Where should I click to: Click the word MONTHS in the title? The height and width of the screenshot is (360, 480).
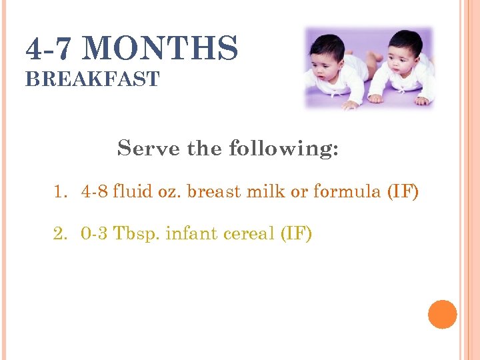(x=162, y=49)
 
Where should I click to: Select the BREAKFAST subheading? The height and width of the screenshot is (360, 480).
(x=92, y=79)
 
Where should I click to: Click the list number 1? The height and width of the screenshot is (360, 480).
(x=61, y=193)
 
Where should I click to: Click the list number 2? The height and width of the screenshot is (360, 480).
(x=61, y=234)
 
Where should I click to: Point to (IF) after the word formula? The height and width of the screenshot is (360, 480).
(x=403, y=193)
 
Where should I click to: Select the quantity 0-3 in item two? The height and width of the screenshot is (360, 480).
(x=95, y=234)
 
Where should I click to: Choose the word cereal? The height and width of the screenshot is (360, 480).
(x=248, y=234)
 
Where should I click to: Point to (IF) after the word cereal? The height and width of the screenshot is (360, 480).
(x=295, y=234)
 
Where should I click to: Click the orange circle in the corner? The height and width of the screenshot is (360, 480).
(x=442, y=314)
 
